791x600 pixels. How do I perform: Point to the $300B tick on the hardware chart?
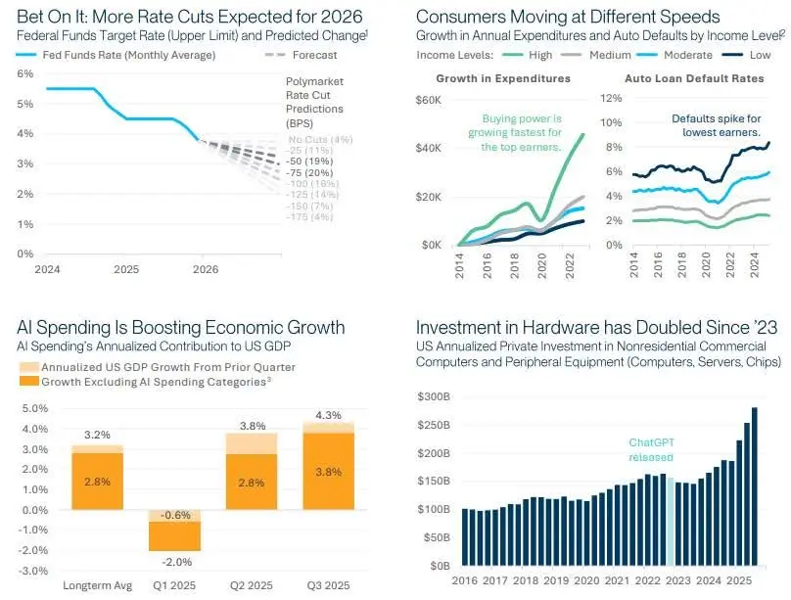[432, 397]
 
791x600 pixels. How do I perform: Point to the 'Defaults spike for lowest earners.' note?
[716, 125]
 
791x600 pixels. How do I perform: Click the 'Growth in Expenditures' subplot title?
[503, 77]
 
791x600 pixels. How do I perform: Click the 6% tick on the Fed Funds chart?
[25, 73]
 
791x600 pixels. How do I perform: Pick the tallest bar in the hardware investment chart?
[755, 485]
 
